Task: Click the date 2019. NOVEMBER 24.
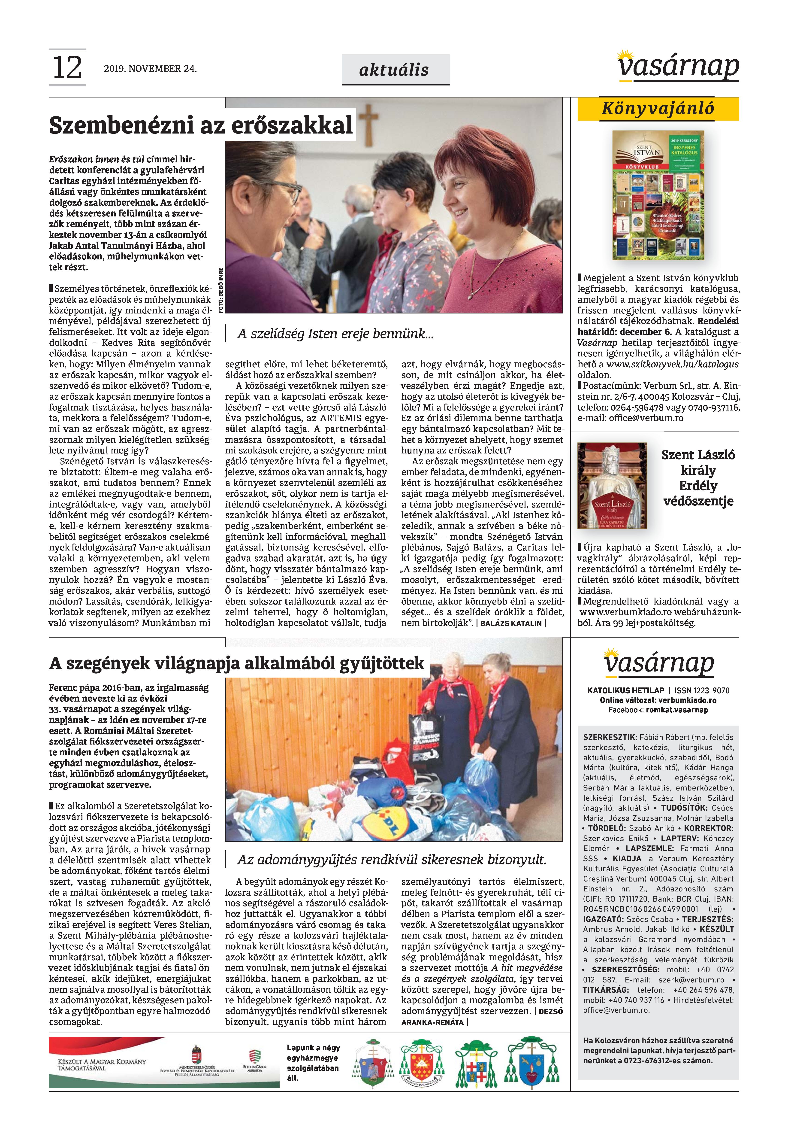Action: pos(150,69)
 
